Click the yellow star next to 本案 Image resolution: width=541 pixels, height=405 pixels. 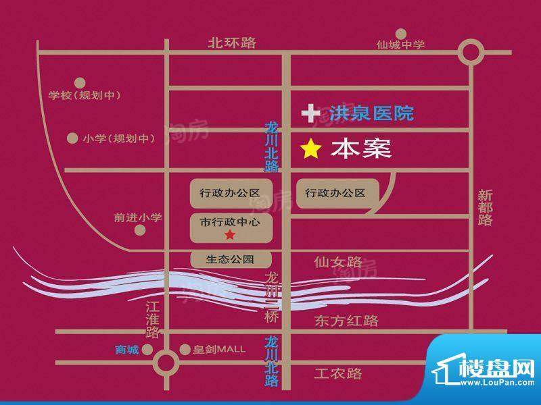click(310, 149)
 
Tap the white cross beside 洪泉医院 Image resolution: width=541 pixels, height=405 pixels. click(311, 113)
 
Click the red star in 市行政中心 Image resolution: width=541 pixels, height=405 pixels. click(230, 235)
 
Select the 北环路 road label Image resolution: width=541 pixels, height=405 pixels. click(232, 43)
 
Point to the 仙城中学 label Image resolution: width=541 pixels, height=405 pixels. click(400, 45)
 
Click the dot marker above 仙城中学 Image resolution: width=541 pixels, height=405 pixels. click(401, 32)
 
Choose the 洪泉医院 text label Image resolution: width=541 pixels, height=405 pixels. click(371, 113)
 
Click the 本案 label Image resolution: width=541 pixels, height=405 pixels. click(361, 149)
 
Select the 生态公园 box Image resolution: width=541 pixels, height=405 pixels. click(231, 259)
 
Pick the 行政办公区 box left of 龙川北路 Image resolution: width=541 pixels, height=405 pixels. click(230, 193)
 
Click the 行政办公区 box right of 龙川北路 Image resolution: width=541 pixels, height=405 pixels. click(335, 193)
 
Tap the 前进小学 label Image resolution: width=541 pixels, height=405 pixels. click(138, 217)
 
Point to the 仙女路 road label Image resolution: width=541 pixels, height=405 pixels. click(338, 261)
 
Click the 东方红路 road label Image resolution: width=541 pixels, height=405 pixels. click(346, 321)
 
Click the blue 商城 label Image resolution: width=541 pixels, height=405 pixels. click(126, 349)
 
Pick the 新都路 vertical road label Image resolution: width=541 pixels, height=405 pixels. click(485, 207)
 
